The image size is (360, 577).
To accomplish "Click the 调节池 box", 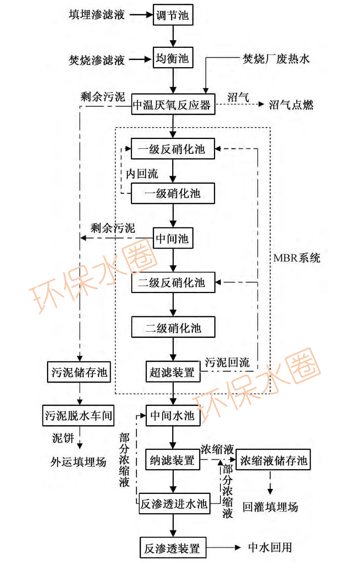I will click(x=173, y=15).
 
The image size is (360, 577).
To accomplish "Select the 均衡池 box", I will click(x=173, y=58).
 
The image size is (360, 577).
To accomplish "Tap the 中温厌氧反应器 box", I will click(x=173, y=104).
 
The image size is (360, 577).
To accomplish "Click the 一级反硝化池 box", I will click(x=173, y=149).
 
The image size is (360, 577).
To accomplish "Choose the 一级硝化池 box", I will click(x=173, y=193).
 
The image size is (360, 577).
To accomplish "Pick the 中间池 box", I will click(x=173, y=238).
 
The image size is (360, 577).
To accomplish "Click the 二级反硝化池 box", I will click(x=173, y=282).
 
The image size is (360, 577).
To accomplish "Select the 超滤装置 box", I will click(x=173, y=372).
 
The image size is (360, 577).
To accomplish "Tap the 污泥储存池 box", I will click(x=79, y=372).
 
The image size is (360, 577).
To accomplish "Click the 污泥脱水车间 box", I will click(x=78, y=416).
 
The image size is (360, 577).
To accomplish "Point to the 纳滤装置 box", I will click(x=173, y=460).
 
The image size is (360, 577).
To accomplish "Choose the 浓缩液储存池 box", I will click(x=273, y=460).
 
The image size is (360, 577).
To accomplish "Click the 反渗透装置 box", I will click(x=173, y=548).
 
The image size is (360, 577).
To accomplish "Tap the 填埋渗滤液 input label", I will click(x=97, y=15).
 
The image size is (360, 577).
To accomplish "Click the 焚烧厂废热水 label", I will click(x=276, y=58).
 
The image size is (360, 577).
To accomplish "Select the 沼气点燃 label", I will click(x=291, y=104).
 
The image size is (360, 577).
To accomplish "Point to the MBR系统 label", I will click(x=297, y=258).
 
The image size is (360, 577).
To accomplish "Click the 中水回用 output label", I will click(x=270, y=547).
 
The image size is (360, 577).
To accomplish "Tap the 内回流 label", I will click(x=142, y=173).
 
